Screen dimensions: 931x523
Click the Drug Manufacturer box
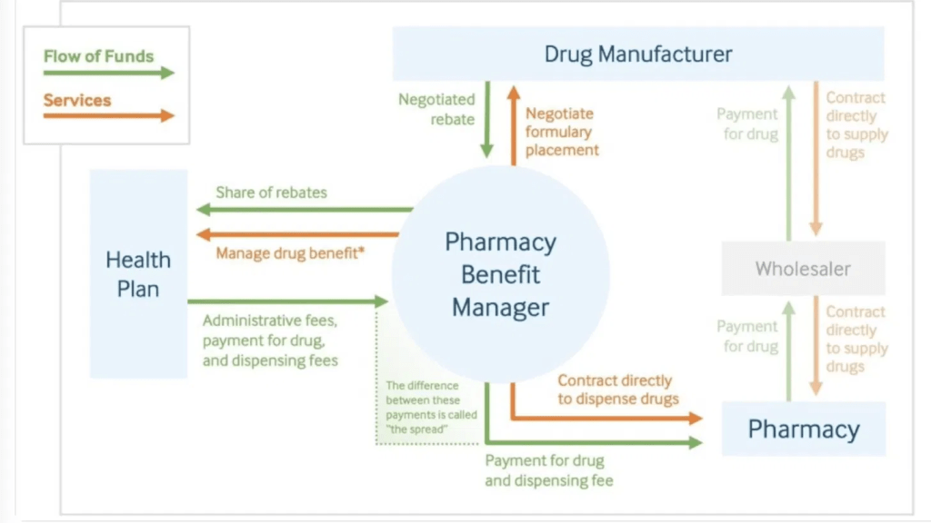point(638,54)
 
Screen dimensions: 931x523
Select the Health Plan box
point(138,274)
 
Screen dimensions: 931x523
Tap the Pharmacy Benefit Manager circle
point(501,274)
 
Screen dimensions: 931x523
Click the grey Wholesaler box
point(804,269)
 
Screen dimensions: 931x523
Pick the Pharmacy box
point(804,429)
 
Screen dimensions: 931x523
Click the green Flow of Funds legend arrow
point(109,73)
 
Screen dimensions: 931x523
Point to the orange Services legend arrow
point(109,115)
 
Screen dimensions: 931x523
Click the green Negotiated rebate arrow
point(487,120)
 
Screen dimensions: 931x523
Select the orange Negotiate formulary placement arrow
point(514,125)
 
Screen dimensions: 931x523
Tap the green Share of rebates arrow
point(305,210)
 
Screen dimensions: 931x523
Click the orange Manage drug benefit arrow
point(297,235)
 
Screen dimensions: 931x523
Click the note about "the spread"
point(431,408)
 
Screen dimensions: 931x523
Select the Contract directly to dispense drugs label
point(617,390)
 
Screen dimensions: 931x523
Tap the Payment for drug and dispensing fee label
point(548,470)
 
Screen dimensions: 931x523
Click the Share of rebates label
point(271,192)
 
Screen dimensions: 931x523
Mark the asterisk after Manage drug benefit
point(361,250)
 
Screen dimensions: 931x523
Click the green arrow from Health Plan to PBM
point(288,301)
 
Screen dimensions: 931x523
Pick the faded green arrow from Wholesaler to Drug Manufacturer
point(788,163)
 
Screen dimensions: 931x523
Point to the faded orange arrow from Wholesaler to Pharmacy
point(816,346)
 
